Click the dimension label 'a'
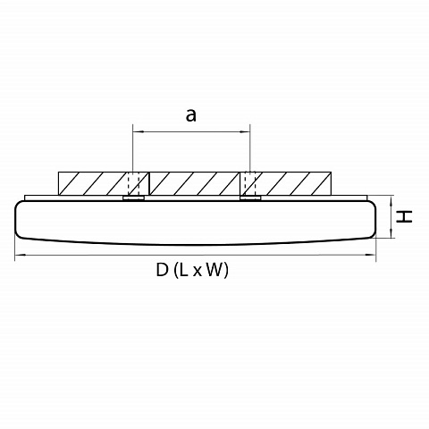(x=191, y=115)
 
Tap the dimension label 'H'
(x=404, y=216)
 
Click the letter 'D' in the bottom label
(x=162, y=270)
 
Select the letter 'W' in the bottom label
(x=214, y=270)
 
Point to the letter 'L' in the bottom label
(x=183, y=270)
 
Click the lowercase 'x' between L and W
(x=198, y=272)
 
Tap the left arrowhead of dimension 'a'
(x=138, y=131)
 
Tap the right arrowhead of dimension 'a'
(x=245, y=131)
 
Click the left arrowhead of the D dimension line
(x=21, y=255)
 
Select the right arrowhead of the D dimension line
(x=370, y=255)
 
